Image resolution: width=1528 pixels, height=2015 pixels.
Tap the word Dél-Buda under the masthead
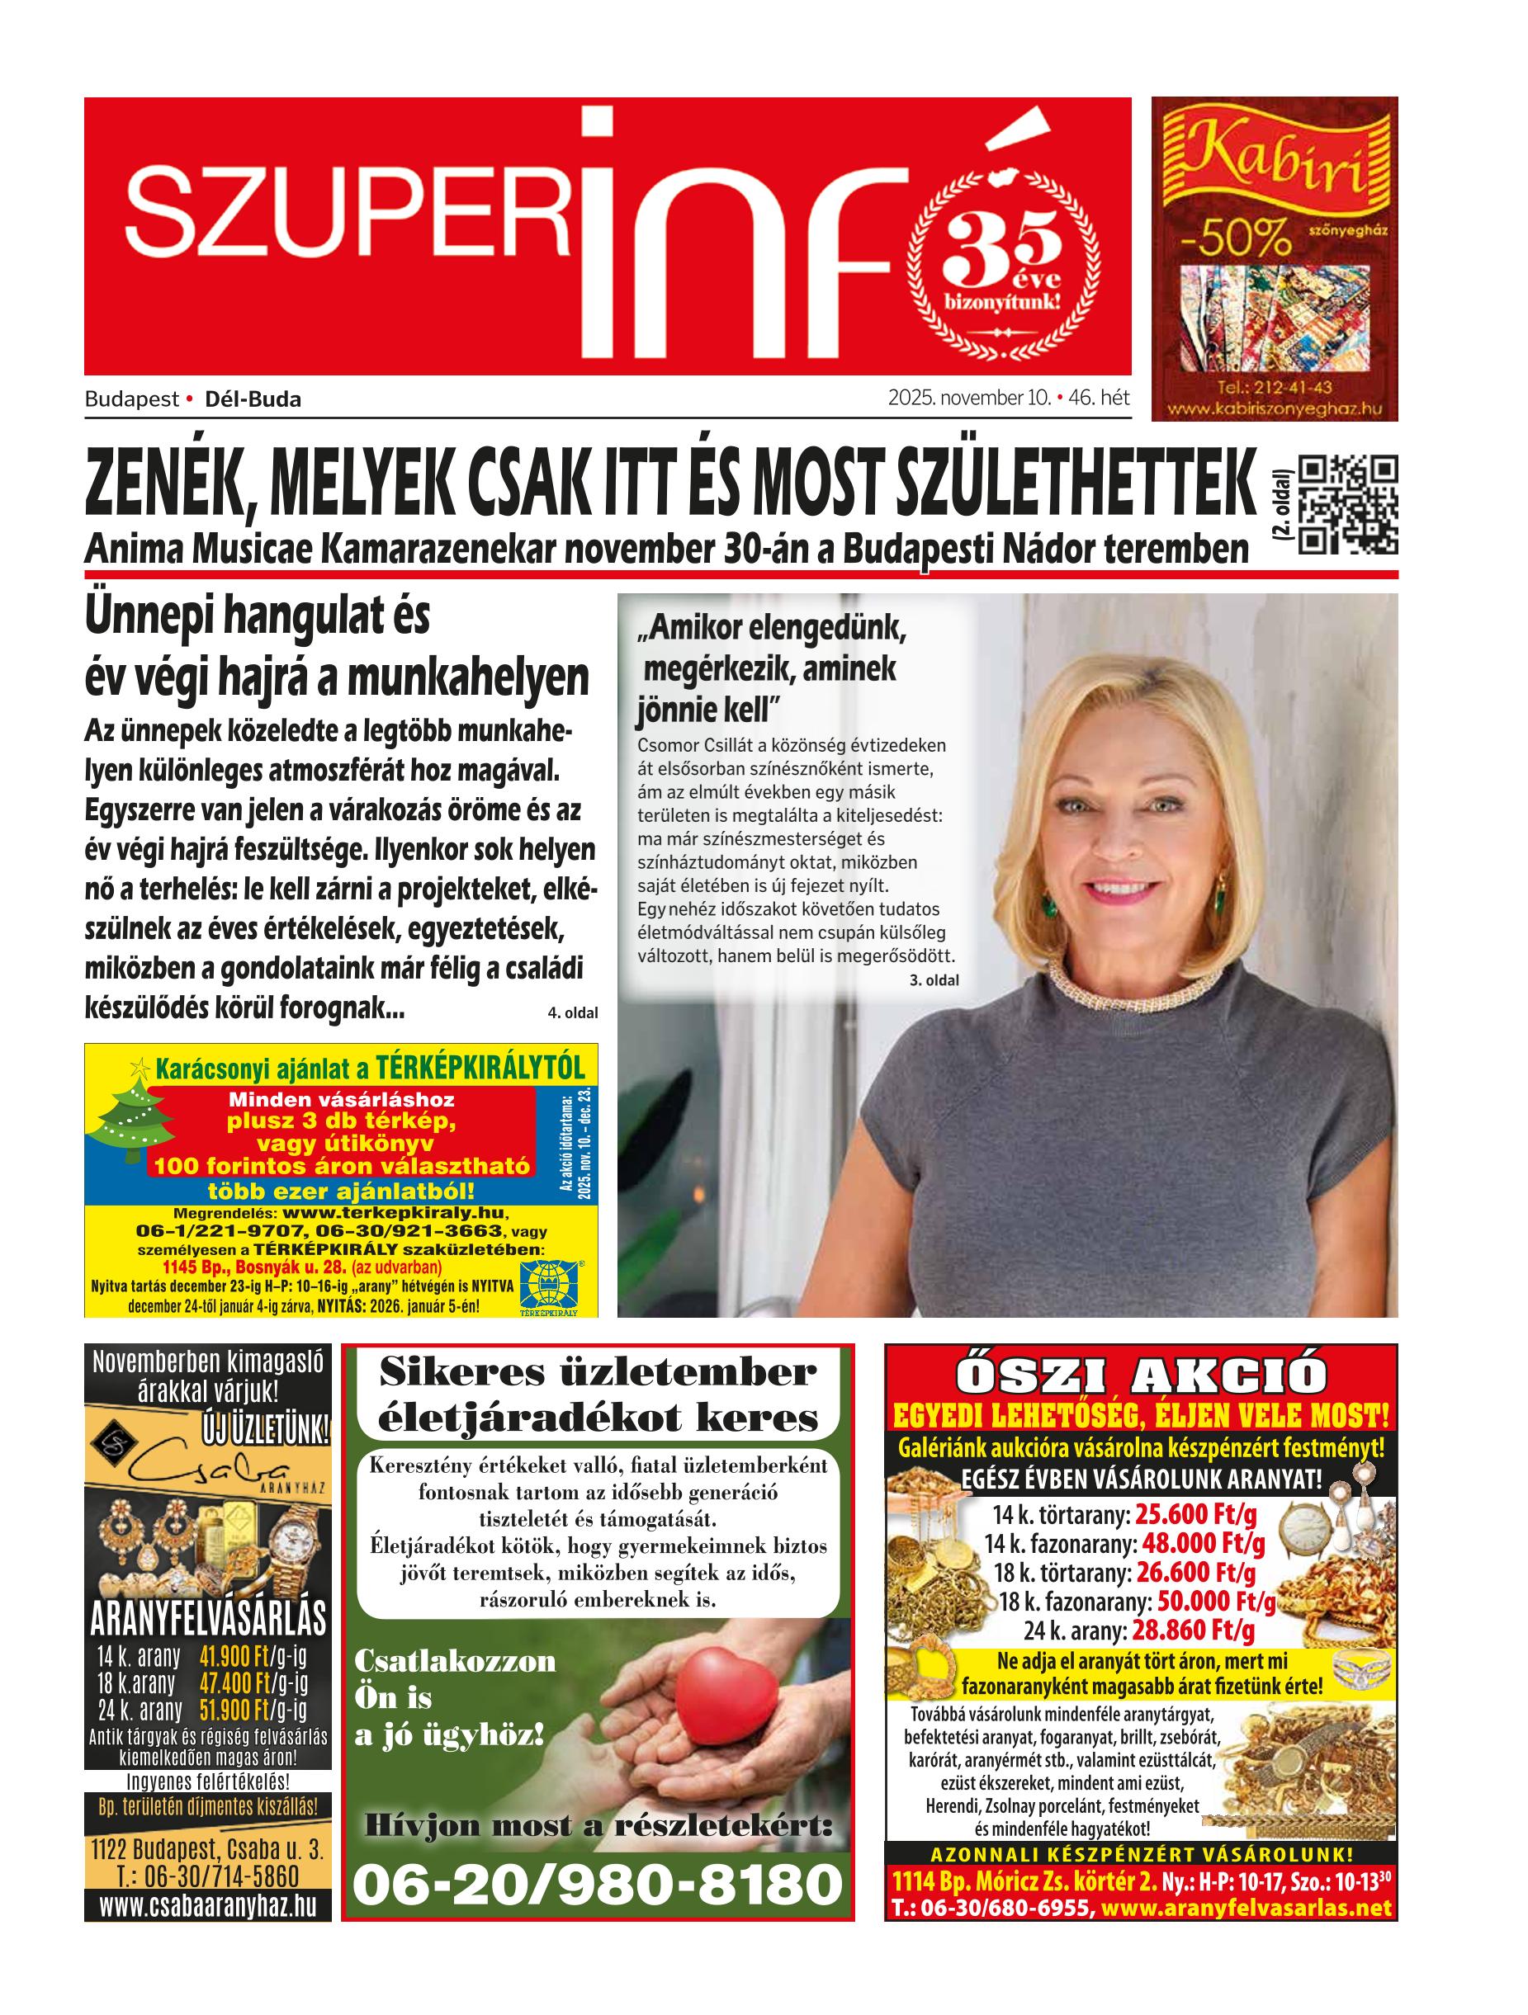click(253, 399)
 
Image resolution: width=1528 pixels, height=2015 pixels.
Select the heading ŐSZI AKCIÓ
click(1141, 1376)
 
